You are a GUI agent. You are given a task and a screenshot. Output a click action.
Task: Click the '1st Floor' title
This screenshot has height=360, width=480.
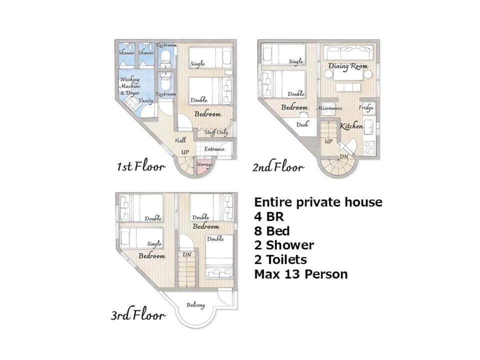(141, 166)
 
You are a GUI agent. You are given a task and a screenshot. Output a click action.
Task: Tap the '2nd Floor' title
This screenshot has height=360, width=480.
(278, 167)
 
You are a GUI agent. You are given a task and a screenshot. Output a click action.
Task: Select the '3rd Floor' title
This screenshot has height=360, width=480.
(138, 314)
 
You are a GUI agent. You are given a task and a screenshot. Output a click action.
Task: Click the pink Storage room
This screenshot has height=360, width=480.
(204, 168)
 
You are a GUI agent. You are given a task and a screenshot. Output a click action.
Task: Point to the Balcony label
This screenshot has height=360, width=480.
(195, 305)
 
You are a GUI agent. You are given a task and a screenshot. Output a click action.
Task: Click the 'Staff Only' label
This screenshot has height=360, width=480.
(216, 132)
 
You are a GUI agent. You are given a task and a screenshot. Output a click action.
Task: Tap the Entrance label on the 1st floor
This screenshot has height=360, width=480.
(214, 149)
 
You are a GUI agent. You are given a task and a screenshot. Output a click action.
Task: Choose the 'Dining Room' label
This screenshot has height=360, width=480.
(348, 66)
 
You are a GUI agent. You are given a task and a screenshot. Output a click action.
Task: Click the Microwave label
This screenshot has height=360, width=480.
(329, 108)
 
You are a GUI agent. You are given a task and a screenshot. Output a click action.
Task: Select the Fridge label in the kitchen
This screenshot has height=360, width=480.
(366, 107)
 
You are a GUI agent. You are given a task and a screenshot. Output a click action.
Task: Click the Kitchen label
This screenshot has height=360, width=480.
(351, 125)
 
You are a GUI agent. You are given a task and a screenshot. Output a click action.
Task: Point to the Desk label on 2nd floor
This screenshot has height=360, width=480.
(302, 124)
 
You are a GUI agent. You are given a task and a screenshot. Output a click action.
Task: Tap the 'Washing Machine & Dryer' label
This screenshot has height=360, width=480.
(130, 86)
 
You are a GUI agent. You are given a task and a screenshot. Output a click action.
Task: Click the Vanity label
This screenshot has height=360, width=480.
(145, 100)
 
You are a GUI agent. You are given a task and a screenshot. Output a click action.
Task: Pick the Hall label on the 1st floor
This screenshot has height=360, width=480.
(180, 140)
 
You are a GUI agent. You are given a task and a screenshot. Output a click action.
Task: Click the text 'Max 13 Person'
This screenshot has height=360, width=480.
(301, 274)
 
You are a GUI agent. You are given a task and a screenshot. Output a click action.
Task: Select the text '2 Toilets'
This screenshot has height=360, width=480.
(280, 259)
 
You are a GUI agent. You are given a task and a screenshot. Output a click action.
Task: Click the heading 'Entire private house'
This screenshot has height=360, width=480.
(318, 202)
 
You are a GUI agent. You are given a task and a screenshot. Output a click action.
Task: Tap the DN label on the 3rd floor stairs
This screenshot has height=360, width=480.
(187, 254)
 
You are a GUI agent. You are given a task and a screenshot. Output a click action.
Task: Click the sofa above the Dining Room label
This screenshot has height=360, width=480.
(348, 52)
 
